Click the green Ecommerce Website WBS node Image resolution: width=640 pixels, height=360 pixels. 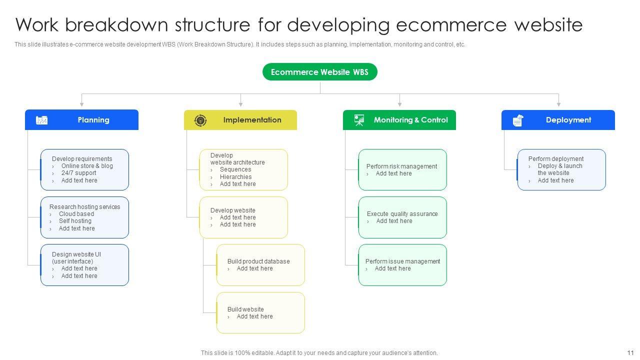tap(319, 72)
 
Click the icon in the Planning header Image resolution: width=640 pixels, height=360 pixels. tap(42, 120)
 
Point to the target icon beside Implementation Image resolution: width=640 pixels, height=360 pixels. tap(200, 120)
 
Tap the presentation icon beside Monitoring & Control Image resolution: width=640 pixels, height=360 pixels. tap(359, 120)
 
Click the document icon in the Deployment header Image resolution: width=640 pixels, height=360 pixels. tap(518, 120)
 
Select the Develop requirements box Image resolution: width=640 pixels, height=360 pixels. tap(84, 169)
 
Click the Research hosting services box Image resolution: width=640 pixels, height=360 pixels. tap(84, 217)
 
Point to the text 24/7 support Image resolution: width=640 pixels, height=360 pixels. tap(78, 173)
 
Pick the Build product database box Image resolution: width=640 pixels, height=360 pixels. tap(260, 265)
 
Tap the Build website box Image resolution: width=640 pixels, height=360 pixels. tap(260, 312)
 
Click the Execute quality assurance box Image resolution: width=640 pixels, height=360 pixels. tap(402, 217)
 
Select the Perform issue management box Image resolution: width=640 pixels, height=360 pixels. tap(402, 265)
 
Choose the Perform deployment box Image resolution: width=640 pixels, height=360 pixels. tap(561, 169)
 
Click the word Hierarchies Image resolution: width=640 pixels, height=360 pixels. tap(235, 177)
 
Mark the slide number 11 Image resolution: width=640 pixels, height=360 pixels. tap(630, 352)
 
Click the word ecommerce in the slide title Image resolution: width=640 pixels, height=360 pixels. tap(449, 24)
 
